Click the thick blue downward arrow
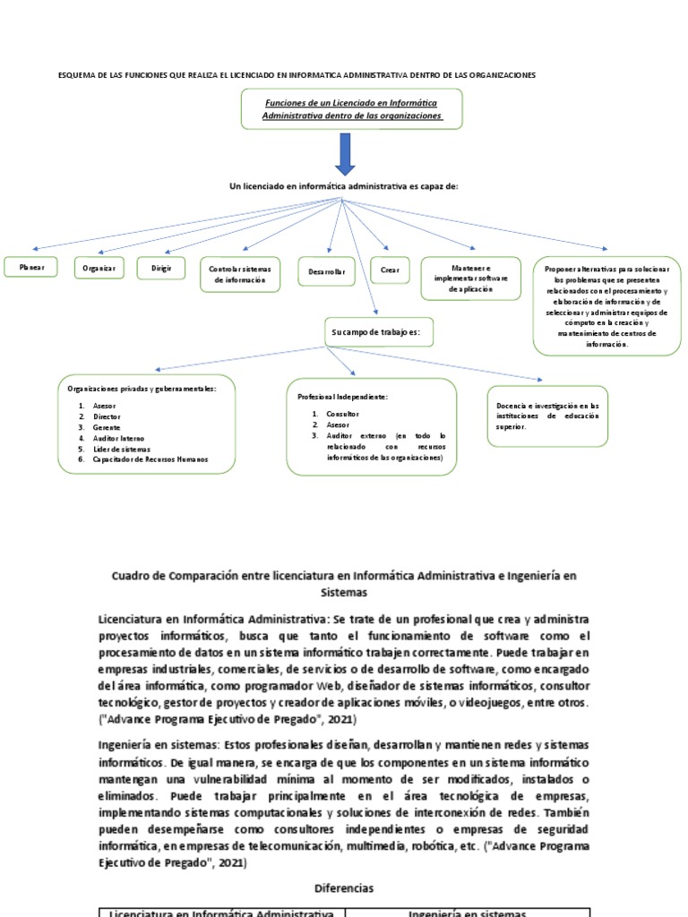click(x=345, y=154)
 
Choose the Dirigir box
click(x=161, y=268)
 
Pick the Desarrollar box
click(x=326, y=270)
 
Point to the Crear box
click(x=390, y=270)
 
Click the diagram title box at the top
click(x=351, y=109)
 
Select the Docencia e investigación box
click(x=547, y=416)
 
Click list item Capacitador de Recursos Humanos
click(x=149, y=459)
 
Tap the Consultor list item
click(x=342, y=415)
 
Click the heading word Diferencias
click(x=344, y=888)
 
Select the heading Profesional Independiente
click(x=342, y=396)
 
